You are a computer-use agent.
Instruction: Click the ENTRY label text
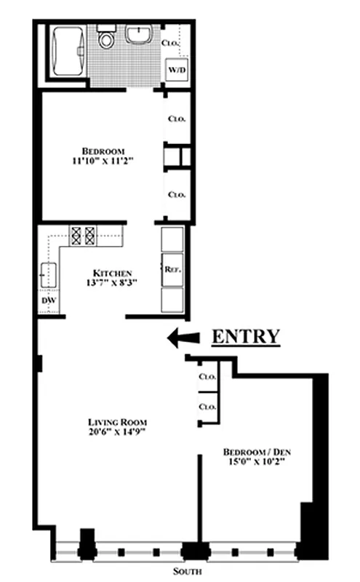pos(245,336)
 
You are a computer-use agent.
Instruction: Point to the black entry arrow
pos(183,337)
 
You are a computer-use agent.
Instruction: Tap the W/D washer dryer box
pos(177,70)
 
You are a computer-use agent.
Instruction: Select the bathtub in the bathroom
pos(67,52)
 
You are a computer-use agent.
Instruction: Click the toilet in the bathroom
pos(107,39)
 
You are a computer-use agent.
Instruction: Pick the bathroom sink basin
pos(137,33)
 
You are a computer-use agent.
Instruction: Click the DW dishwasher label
pos(49,300)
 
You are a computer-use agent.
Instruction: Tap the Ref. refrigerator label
pos(172,268)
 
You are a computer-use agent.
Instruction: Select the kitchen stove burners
pos(82,235)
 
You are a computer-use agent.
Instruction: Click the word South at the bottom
pos(193,570)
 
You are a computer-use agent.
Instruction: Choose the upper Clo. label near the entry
pos(208,377)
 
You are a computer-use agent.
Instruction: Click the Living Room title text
pos(117,422)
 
